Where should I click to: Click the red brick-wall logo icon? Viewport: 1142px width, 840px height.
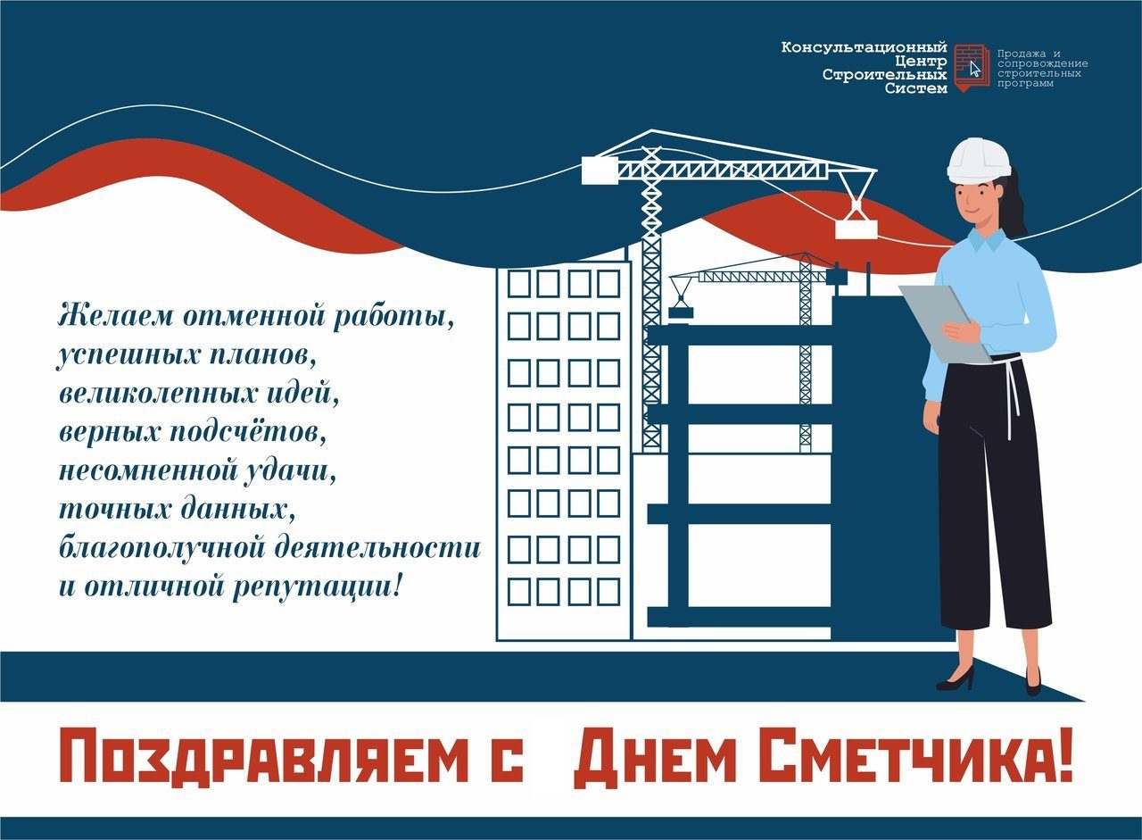pyautogui.click(x=972, y=67)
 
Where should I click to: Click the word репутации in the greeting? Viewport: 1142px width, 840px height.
pyautogui.click(x=318, y=588)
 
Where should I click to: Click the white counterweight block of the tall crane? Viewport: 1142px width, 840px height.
pyautogui.click(x=600, y=170)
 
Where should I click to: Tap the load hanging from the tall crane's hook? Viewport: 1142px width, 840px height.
pyautogui.click(x=856, y=229)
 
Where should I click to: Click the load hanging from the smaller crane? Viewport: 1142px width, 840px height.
pyautogui.click(x=681, y=312)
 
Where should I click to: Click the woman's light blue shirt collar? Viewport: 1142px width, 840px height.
pyautogui.click(x=988, y=240)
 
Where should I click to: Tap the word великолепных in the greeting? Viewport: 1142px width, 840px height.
pyautogui.click(x=158, y=394)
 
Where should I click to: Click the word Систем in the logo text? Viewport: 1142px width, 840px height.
pyautogui.click(x=916, y=88)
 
